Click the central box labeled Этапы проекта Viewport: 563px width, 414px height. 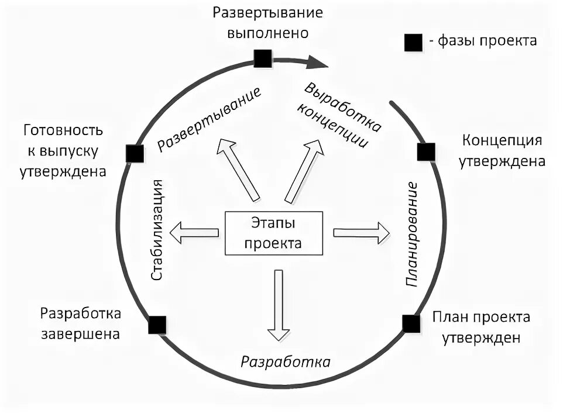tap(274, 233)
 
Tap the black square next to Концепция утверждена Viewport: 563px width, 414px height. tap(425, 152)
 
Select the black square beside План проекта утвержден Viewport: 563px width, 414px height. tap(411, 323)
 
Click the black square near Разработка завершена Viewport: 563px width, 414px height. tap(157, 325)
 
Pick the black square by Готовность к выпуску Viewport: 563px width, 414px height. tap(135, 153)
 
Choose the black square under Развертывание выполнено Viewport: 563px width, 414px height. tap(262, 58)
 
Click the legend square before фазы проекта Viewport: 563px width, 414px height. tap(413, 43)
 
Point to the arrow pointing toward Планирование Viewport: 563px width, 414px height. tap(361, 233)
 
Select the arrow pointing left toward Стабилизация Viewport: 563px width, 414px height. tap(194, 233)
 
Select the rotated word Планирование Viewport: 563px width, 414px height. tap(412, 234)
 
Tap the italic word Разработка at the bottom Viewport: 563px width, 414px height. tap(286, 361)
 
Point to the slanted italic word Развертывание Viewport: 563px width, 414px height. tap(209, 120)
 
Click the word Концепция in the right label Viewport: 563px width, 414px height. tap(502, 142)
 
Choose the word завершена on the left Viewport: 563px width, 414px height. tap(80, 334)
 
